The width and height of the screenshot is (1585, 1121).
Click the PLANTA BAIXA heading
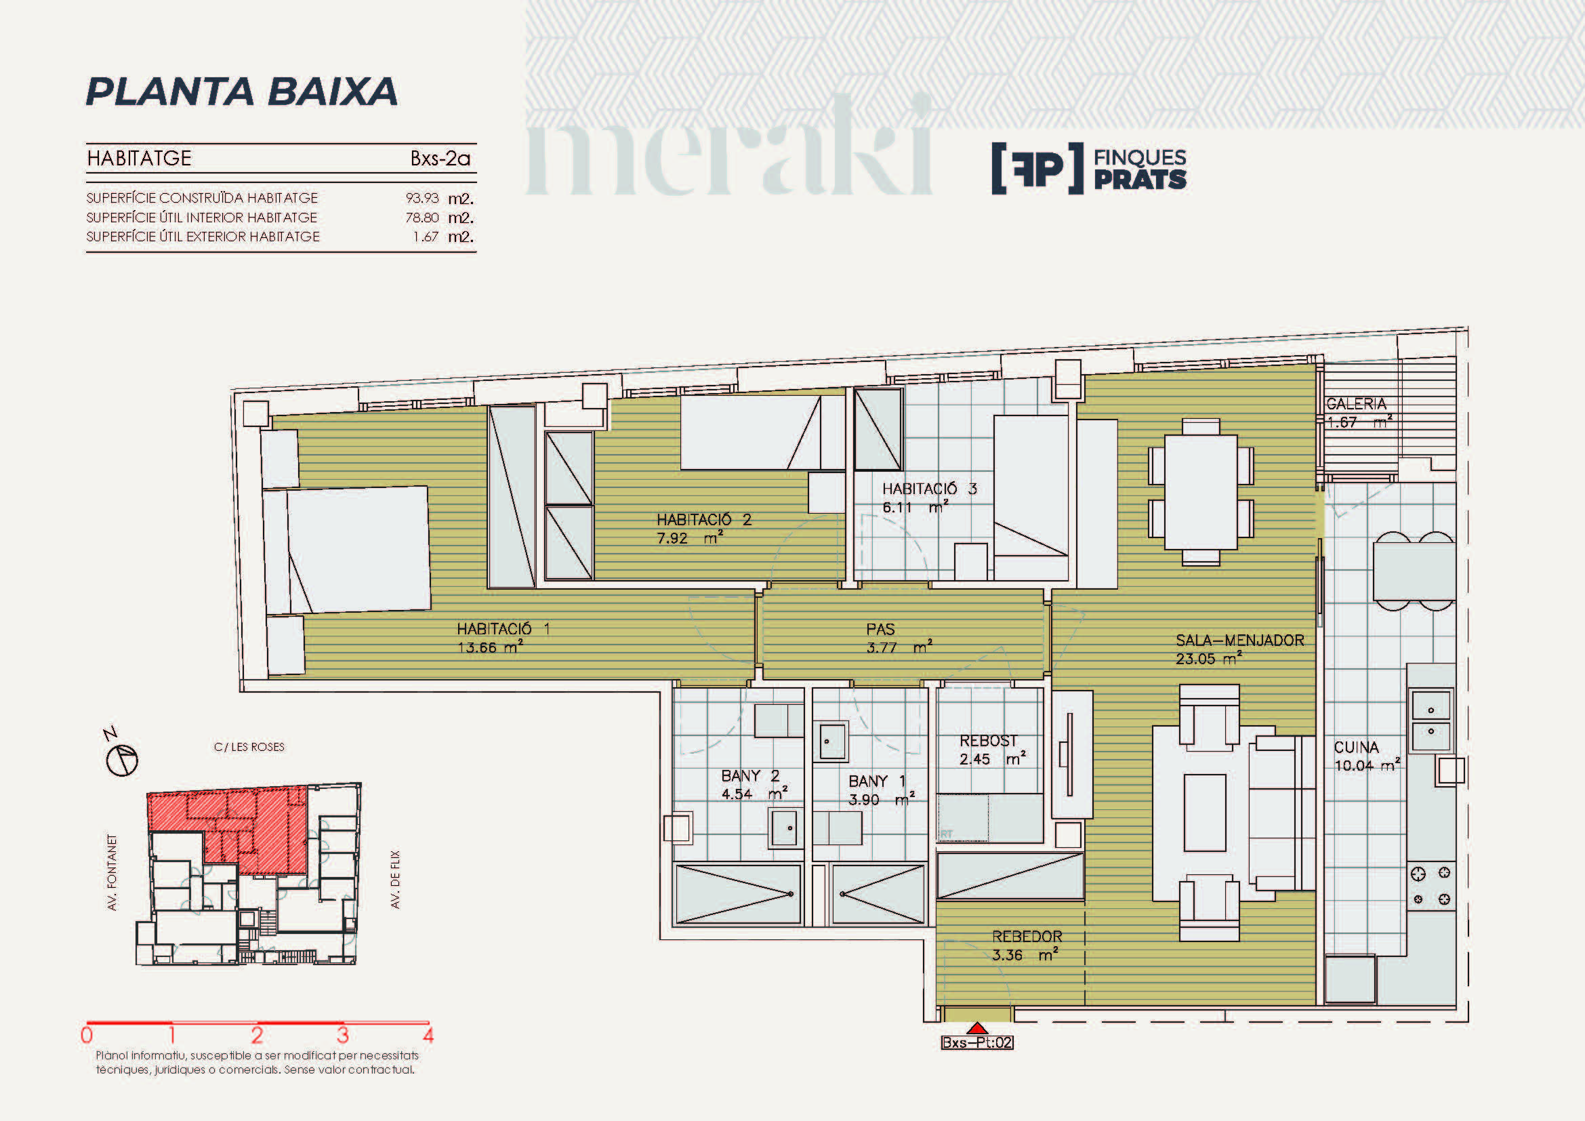(x=242, y=91)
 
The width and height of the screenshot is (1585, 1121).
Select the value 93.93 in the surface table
(x=421, y=198)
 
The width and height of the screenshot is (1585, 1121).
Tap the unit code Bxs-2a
(x=440, y=159)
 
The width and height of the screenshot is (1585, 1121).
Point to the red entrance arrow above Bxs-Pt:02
(x=977, y=1029)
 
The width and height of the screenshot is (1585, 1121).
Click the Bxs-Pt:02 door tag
(x=977, y=1042)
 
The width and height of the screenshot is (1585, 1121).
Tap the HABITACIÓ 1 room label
(x=503, y=629)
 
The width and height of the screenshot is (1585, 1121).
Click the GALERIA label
(x=1356, y=404)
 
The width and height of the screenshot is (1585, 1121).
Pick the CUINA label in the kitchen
(x=1356, y=747)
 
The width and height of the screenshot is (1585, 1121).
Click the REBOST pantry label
(x=988, y=741)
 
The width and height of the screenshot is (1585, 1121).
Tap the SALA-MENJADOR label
(x=1240, y=640)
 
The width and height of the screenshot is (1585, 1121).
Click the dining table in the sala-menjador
(x=1201, y=491)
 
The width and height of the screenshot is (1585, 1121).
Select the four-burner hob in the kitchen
(x=1431, y=886)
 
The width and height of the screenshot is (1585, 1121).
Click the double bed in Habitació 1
(x=346, y=550)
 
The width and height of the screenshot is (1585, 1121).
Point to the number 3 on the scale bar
(x=342, y=1036)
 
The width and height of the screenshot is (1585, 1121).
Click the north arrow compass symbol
(x=122, y=760)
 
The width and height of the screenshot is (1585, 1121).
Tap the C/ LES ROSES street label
(x=249, y=747)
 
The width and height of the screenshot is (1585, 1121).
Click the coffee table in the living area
(x=1205, y=813)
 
